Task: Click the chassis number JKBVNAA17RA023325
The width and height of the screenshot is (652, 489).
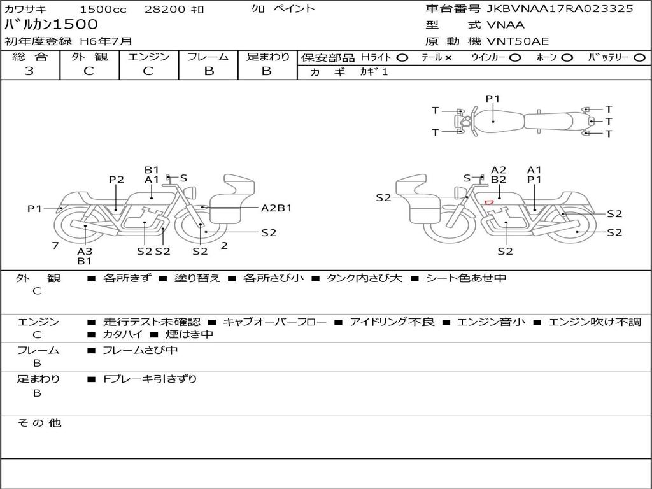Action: click(560, 9)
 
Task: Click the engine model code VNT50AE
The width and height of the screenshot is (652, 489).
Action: click(518, 42)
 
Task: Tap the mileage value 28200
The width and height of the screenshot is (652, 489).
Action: click(165, 10)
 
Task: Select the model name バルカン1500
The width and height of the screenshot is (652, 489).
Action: click(52, 25)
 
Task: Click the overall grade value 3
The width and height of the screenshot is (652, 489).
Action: click(29, 71)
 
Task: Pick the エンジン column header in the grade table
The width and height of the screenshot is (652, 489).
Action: click(148, 57)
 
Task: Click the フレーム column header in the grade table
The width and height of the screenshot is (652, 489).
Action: click(208, 57)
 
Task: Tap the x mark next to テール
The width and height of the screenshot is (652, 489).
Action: click(448, 58)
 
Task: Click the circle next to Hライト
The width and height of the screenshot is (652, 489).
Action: click(402, 58)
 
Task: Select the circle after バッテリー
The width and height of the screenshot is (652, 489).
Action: click(639, 58)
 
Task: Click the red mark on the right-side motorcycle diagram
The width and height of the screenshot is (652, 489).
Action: click(489, 202)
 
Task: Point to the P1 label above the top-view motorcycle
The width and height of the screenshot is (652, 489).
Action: click(493, 99)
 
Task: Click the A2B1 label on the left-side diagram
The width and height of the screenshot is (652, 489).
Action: click(276, 208)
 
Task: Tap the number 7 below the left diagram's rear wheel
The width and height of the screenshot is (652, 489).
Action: click(55, 245)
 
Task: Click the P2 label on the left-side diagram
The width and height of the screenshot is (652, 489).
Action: click(116, 180)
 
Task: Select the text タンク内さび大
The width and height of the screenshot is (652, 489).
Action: click(364, 278)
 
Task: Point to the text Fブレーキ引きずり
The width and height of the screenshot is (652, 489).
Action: click(150, 379)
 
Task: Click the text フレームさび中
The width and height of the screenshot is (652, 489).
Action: click(140, 350)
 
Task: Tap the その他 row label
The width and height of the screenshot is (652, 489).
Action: click(39, 423)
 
